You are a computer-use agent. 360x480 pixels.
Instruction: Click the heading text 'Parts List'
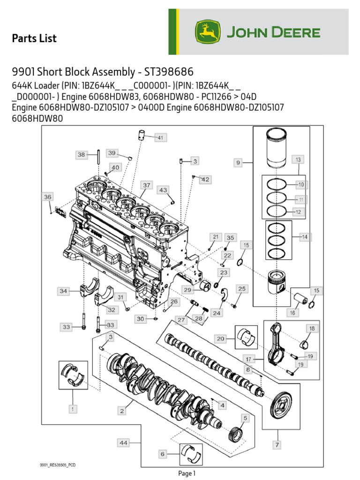pos(34,38)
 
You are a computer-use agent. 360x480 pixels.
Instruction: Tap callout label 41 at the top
pos(160,137)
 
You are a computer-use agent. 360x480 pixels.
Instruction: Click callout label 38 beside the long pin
pos(81,154)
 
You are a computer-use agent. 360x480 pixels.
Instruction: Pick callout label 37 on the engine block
pos(147,185)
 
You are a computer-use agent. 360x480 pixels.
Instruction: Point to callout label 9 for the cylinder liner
pos(239,163)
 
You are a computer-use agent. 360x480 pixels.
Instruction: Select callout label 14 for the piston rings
pos(305,237)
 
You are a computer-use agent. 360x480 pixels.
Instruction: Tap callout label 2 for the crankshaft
pos(122,411)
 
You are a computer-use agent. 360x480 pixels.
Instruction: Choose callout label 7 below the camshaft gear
pos(277,444)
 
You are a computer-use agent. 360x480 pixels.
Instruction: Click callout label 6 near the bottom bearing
pos(162,454)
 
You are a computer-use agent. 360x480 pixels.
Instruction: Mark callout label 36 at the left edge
pos(48,197)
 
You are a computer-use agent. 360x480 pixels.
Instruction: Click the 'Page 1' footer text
pos(187,473)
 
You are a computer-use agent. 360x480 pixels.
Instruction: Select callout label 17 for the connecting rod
pos(248,360)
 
